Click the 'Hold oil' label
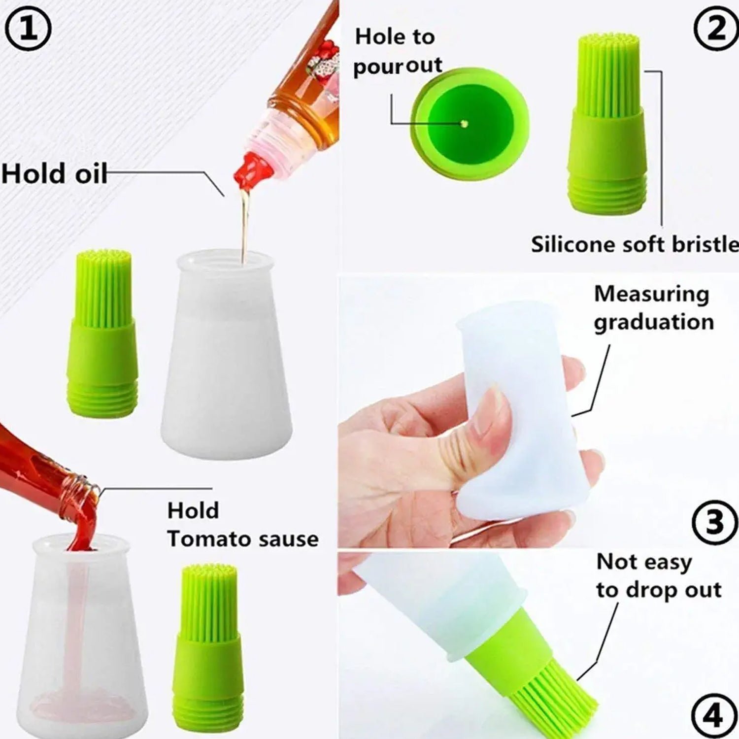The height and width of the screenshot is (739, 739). pos(54,174)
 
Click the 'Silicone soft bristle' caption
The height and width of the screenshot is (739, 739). pos(635,244)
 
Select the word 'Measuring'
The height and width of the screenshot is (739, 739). pos(651,294)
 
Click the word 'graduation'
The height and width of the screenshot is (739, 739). pos(654,322)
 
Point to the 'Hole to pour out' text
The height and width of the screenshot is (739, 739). pos(397,51)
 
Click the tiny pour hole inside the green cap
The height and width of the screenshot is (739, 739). pos(464,124)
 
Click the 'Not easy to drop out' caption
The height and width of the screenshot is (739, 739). pos(658,575)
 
